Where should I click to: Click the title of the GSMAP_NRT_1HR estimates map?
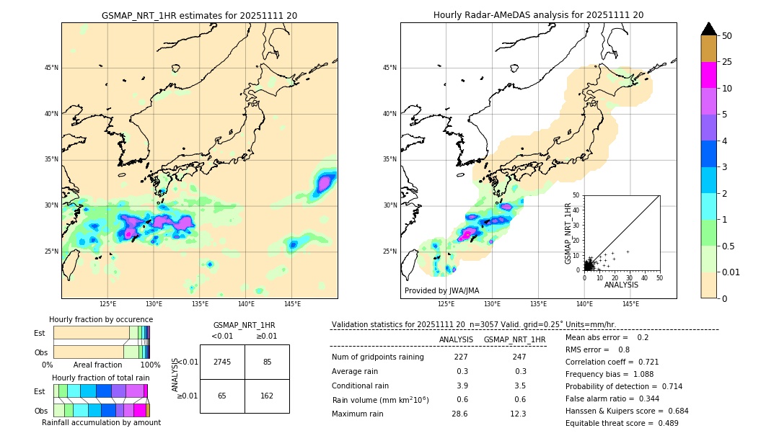click(x=199, y=15)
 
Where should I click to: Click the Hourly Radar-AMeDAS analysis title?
click(x=538, y=15)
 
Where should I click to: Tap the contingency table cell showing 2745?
click(x=222, y=362)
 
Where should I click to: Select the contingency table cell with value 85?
click(x=267, y=362)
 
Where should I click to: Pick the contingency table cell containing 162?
click(x=267, y=396)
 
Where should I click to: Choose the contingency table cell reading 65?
click(x=222, y=396)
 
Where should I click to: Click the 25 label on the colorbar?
click(x=727, y=62)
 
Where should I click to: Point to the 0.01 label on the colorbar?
click(x=731, y=272)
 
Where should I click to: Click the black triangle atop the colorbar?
click(x=709, y=29)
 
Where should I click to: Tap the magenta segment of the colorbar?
click(x=709, y=75)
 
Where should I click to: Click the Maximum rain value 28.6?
click(x=459, y=414)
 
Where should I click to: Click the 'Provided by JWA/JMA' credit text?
click(x=441, y=290)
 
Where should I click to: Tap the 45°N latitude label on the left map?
click(x=51, y=68)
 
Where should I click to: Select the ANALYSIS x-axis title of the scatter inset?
click(x=621, y=285)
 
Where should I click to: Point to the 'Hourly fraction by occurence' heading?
click(x=101, y=319)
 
